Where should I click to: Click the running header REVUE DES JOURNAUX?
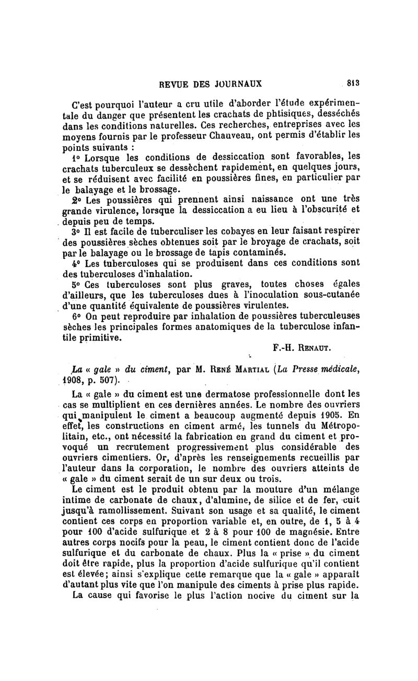pyautogui.click(x=210, y=83)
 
